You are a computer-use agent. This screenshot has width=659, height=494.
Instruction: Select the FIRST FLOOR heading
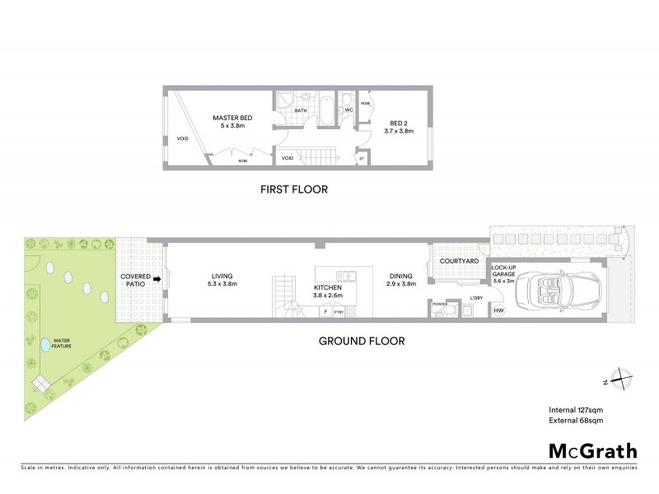pyautogui.click(x=294, y=189)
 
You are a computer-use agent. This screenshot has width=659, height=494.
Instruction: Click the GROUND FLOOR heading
pyautogui.click(x=362, y=339)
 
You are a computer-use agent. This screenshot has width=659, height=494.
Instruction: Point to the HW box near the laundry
pyautogui.click(x=498, y=310)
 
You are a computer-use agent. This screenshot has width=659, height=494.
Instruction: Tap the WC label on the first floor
pyautogui.click(x=348, y=109)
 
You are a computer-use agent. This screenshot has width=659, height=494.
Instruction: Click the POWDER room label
pyautogui.click(x=439, y=303)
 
